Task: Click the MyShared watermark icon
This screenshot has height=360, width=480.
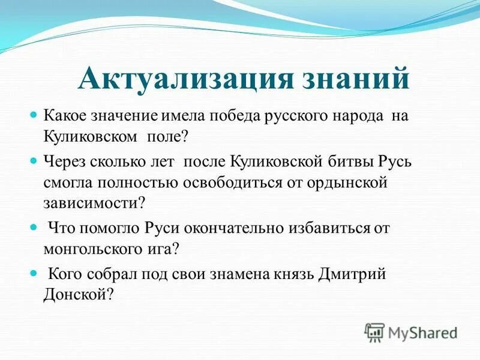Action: [374, 331]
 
